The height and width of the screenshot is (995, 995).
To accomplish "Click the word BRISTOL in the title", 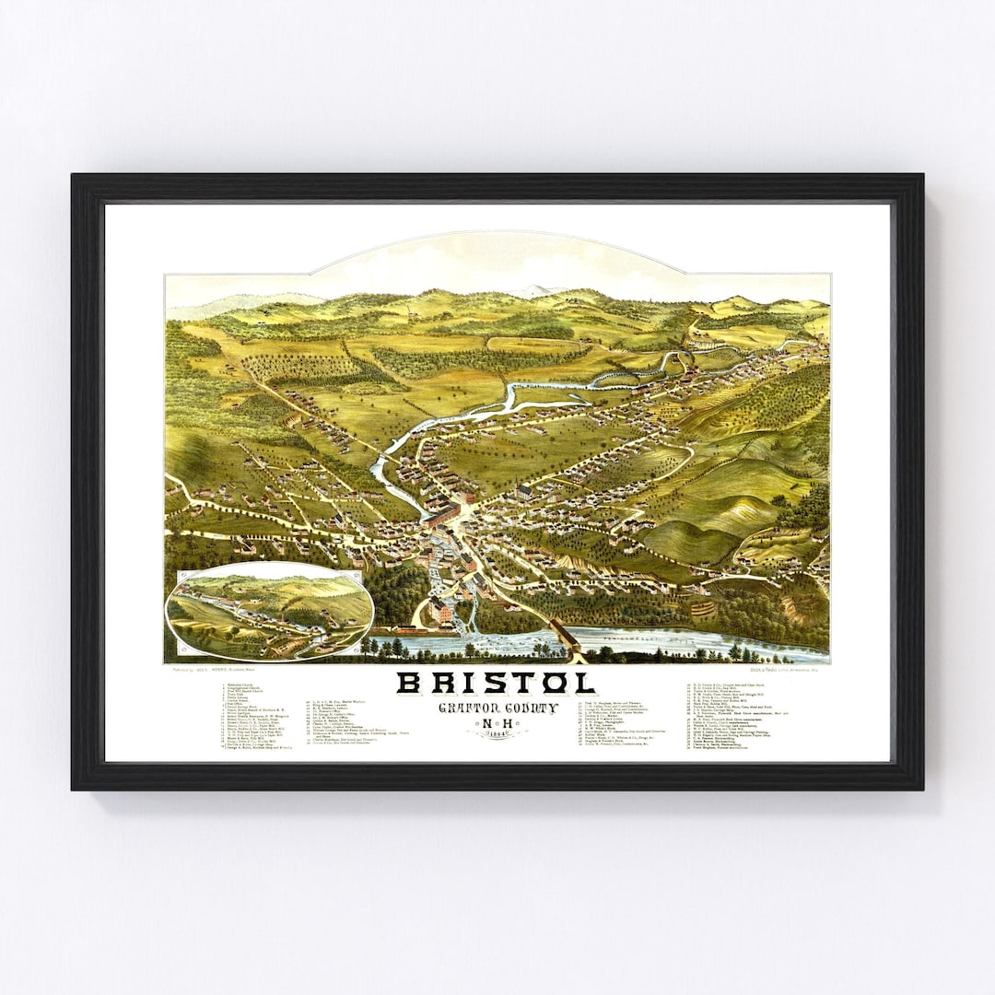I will (x=495, y=683).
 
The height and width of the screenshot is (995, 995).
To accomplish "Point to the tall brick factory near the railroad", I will (x=440, y=609).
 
